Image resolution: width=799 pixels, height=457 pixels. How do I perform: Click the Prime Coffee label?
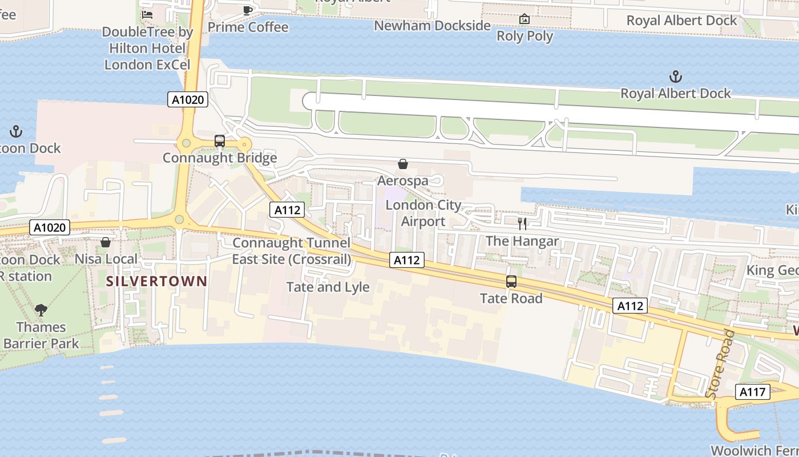click(248, 27)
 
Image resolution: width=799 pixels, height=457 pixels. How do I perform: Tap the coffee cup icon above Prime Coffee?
click(248, 10)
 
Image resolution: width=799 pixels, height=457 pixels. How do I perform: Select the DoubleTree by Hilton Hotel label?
click(147, 48)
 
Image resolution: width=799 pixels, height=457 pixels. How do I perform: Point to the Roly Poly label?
click(524, 36)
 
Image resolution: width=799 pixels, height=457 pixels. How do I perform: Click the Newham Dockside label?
click(432, 26)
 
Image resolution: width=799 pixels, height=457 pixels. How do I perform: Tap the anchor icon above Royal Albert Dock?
click(676, 77)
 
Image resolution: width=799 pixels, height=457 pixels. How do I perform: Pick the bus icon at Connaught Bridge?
click(220, 141)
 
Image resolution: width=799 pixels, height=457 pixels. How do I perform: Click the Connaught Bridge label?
click(220, 158)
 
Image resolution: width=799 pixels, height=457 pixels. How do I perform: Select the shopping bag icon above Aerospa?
click(403, 165)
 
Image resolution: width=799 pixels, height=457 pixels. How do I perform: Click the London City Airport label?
click(423, 213)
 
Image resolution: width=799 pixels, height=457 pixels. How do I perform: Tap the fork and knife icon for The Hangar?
click(522, 224)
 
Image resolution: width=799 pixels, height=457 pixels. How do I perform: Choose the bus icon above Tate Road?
click(511, 282)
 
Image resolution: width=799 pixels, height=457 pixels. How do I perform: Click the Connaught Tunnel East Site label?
click(291, 251)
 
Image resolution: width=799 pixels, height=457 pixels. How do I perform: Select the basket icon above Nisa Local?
click(106, 243)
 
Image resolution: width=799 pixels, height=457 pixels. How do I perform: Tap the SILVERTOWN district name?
click(156, 281)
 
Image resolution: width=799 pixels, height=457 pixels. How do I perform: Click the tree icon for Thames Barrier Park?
click(41, 310)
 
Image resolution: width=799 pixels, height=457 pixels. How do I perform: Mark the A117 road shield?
click(752, 392)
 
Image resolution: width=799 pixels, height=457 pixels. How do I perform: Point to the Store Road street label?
click(720, 364)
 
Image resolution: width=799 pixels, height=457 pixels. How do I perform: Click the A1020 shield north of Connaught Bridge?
click(188, 100)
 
